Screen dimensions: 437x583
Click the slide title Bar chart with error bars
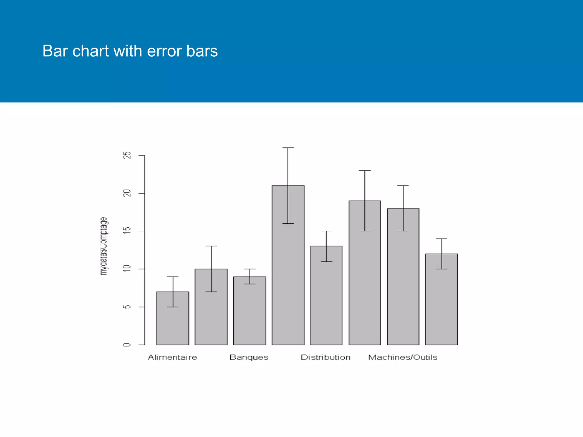(x=130, y=51)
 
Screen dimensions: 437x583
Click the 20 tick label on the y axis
(x=127, y=193)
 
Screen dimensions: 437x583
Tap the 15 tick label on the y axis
(x=127, y=231)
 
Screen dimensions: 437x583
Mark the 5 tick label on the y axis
(x=127, y=307)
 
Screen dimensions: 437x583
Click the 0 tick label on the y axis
(x=127, y=345)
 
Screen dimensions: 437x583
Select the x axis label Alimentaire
(x=173, y=357)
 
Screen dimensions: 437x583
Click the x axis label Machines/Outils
(x=403, y=357)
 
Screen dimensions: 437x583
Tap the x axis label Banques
(x=249, y=357)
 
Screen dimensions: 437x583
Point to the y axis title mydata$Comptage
(x=104, y=246)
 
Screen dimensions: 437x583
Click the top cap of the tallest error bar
(x=288, y=148)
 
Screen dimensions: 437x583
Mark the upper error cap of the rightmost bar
(x=441, y=239)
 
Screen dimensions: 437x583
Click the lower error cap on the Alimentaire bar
(x=173, y=307)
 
